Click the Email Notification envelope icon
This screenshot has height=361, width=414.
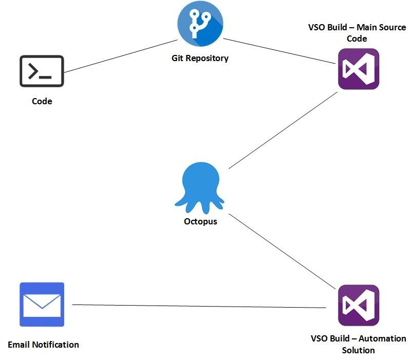click(x=42, y=305)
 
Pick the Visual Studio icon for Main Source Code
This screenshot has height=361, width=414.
click(x=359, y=69)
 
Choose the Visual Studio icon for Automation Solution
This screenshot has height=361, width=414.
click(x=359, y=306)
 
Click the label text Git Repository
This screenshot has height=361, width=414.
click(x=200, y=58)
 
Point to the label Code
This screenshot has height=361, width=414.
click(x=42, y=101)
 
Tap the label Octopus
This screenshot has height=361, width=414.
click(x=200, y=222)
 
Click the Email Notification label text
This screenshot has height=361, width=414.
click(x=44, y=345)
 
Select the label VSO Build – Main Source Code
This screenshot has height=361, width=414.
click(x=356, y=33)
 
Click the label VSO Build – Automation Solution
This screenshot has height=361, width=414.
click(x=358, y=345)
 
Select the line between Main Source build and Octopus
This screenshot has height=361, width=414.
click(x=283, y=130)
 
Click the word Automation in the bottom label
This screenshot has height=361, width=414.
click(x=382, y=339)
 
